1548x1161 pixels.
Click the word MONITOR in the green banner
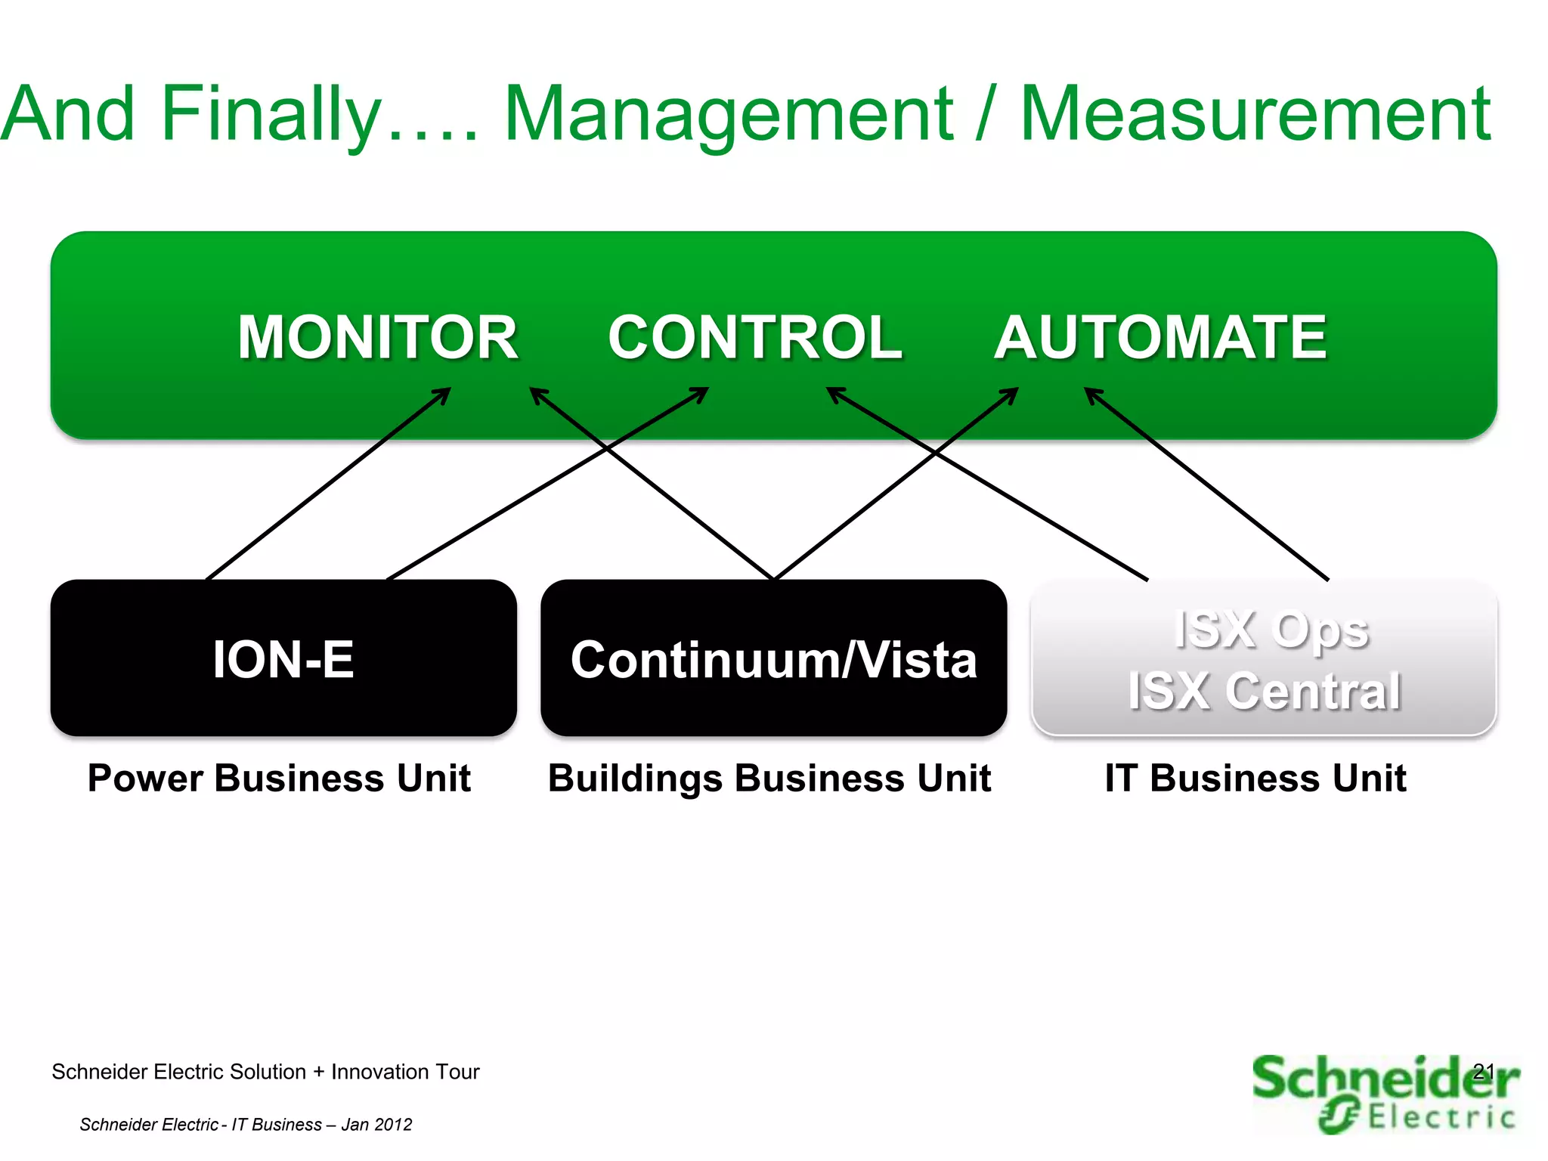coord(377,337)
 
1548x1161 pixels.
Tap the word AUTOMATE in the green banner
coord(1160,337)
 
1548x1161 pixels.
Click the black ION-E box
coord(283,658)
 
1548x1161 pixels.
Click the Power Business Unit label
coord(279,778)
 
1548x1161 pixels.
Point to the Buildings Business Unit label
coord(769,778)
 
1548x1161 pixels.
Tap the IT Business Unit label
coord(1255,778)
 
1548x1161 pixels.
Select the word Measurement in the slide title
coord(1255,115)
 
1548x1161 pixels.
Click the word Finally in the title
coord(272,115)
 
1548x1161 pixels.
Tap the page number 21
coord(1483,1070)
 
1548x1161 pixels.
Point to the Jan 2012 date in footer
coord(376,1125)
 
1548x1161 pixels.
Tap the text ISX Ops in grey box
coord(1271,630)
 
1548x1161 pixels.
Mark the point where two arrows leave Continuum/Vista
coord(774,578)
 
